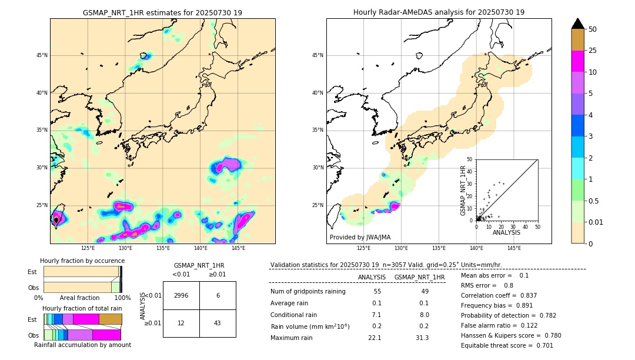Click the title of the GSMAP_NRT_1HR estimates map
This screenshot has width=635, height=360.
[162, 12]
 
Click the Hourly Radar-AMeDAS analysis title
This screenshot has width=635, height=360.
[439, 12]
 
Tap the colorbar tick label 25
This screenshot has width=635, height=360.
[593, 51]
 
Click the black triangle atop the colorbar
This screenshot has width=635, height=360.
[578, 24]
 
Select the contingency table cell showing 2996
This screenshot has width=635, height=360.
[181, 295]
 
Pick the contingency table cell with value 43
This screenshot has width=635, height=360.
[218, 324]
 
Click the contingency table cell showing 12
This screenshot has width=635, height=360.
[181, 324]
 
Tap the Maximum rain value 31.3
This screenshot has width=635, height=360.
[422, 338]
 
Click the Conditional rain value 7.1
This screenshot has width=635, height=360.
[376, 315]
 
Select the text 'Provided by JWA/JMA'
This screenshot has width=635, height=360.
[360, 237]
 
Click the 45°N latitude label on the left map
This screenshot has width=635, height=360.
[42, 55]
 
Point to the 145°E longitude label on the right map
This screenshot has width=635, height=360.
[514, 248]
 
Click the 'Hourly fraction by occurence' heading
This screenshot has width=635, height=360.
[82, 261]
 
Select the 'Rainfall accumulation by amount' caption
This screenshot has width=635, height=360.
[82, 345]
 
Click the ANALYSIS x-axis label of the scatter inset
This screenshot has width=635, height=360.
[506, 233]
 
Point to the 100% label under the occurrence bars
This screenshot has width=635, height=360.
[122, 298]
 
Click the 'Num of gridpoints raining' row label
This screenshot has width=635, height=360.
[308, 292]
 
